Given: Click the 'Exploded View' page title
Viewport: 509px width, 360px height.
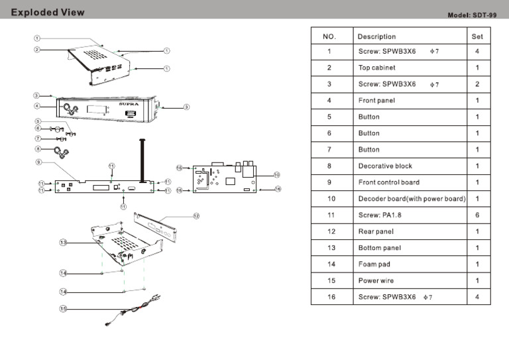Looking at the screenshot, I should [48, 12].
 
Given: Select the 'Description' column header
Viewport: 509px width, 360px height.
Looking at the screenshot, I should [376, 36].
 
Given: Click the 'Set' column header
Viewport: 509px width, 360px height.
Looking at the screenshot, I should [477, 36].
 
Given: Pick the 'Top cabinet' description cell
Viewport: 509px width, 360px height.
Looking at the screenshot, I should [377, 68].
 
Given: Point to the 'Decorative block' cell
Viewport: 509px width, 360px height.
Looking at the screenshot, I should [385, 166].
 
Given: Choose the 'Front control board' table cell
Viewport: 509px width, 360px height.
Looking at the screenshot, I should [388, 182].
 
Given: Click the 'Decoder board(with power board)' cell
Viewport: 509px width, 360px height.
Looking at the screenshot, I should [412, 199].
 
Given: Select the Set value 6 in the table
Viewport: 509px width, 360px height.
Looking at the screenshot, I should [477, 215].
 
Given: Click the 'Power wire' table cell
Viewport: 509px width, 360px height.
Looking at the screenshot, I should [376, 280].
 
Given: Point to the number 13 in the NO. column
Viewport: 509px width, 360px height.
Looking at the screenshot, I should [331, 248].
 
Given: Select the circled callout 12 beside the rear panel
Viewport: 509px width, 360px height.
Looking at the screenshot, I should [196, 215].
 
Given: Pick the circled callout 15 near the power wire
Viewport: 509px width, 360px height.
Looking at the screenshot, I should [64, 308].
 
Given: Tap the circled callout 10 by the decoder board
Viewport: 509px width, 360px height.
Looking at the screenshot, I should [277, 174].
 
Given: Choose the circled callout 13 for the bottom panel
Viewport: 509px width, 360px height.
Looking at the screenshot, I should [64, 243].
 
